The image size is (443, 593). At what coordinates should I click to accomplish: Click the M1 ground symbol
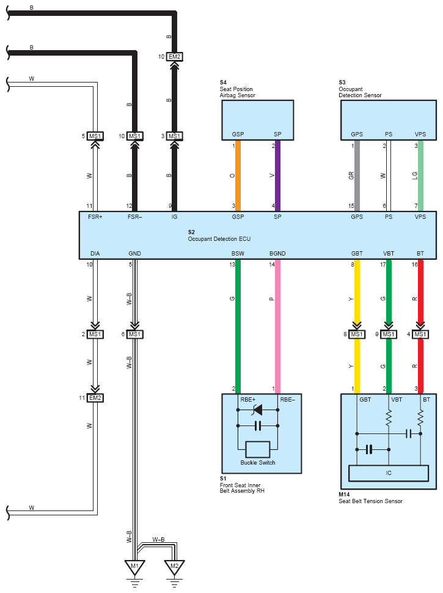tap(134, 567)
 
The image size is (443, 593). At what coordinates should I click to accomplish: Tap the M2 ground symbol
tap(174, 567)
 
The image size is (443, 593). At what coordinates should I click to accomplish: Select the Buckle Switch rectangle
tap(257, 449)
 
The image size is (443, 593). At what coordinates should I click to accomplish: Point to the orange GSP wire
tap(238, 175)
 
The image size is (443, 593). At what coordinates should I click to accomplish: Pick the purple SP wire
tap(277, 175)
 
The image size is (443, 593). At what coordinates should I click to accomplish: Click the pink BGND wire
tap(277, 324)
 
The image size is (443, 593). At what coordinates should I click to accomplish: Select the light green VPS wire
tap(420, 175)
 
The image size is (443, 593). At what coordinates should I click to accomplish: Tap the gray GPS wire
tap(357, 175)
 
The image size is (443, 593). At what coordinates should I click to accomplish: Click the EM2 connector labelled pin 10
tap(174, 57)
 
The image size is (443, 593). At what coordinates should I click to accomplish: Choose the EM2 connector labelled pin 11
tap(95, 397)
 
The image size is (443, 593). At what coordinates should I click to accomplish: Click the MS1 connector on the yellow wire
tap(357, 334)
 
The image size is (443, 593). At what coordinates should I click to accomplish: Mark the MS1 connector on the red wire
tap(420, 334)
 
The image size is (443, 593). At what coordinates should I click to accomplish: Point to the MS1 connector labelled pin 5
tap(95, 136)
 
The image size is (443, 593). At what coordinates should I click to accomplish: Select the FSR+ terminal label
tap(95, 217)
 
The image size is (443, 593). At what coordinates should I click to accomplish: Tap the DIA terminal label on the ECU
tap(95, 253)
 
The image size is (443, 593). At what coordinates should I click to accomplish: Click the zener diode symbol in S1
tap(257, 410)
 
